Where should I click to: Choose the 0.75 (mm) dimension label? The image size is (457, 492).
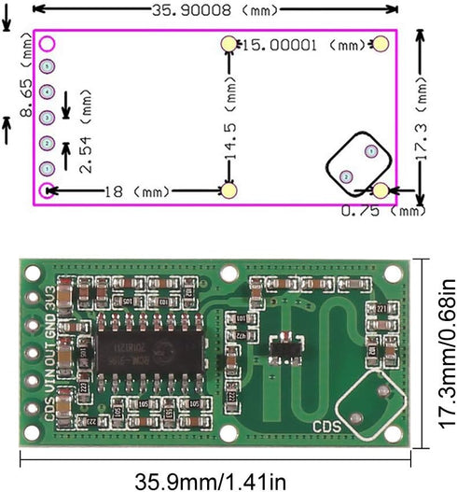382,211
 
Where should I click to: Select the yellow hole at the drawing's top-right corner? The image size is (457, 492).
381,44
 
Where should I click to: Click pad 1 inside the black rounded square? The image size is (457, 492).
369,150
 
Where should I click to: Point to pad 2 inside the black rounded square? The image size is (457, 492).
346,176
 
